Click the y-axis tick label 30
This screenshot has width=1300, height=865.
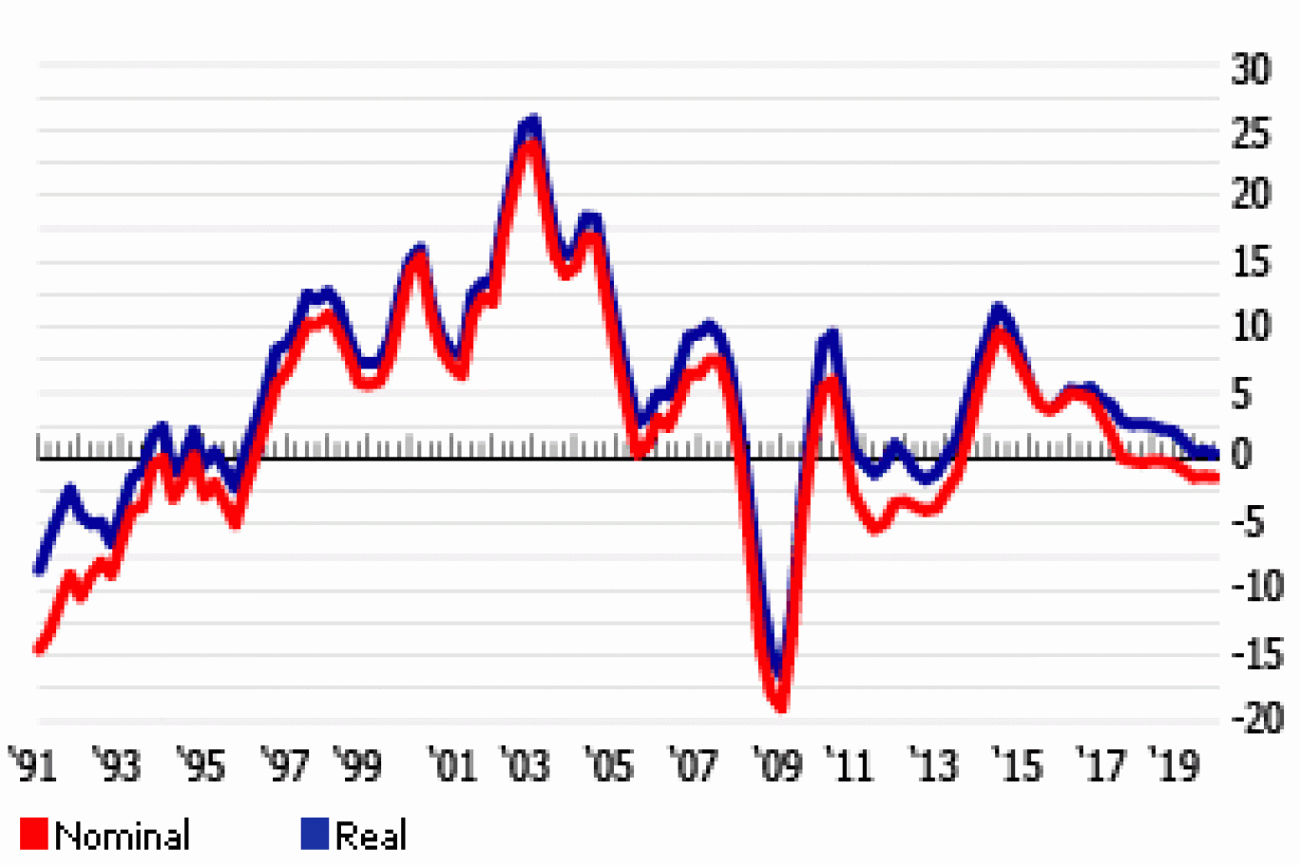coord(1251,69)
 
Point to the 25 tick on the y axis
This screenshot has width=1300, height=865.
coord(1251,135)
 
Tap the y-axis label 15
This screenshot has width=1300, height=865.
coord(1251,261)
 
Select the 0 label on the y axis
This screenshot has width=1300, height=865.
coord(1241,455)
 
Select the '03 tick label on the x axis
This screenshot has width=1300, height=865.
coord(526,765)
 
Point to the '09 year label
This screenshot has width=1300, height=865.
coord(777,765)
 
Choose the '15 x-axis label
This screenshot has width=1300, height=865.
coord(1018,765)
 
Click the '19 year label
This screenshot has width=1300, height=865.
coord(1174,765)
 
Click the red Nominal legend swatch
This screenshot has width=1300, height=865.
coord(33,834)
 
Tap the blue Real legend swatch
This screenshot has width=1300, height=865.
coord(315,834)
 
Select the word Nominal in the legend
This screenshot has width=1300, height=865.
coord(123,836)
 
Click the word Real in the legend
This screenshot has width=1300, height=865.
coord(371,836)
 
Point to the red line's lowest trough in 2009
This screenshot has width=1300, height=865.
coord(781,705)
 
